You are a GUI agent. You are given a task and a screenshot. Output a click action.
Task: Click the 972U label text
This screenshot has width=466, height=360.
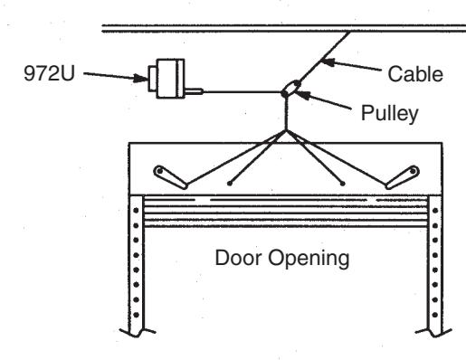point(49,73)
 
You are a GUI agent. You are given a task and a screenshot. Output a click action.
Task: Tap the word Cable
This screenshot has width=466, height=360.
point(415,74)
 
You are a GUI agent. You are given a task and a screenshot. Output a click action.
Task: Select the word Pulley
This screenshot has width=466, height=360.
point(390,114)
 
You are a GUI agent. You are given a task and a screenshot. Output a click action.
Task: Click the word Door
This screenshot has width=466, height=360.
point(239,258)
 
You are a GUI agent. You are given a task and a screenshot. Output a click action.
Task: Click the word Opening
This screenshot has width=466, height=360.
point(309,260)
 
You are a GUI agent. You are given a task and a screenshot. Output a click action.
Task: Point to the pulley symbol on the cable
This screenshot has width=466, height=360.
point(290,89)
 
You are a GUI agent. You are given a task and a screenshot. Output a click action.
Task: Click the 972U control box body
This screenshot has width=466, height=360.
point(170,79)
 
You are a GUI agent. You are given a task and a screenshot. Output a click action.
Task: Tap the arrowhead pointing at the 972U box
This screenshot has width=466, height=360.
point(140,79)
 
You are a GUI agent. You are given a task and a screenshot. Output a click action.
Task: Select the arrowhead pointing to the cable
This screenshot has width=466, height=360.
point(328,62)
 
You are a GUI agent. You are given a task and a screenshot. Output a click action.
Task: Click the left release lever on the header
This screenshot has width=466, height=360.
point(171,177)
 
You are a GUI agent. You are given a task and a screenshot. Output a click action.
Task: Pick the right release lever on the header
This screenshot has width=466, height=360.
point(403,177)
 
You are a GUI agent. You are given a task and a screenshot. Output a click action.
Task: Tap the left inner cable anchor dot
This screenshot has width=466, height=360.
point(230,183)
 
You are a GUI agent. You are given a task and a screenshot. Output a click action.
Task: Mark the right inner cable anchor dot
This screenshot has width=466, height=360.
point(343,183)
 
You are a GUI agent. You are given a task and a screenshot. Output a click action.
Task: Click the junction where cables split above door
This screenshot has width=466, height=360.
point(286,130)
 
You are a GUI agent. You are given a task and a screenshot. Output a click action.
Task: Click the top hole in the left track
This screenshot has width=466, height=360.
point(136,210)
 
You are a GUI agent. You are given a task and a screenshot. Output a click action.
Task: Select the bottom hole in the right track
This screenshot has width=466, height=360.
point(435,315)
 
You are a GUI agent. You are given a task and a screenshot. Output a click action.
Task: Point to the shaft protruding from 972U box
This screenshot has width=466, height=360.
point(194,91)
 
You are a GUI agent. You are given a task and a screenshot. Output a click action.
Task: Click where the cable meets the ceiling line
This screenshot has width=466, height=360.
point(350,32)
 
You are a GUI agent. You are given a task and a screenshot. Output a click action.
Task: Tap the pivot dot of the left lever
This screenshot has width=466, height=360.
point(160,171)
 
